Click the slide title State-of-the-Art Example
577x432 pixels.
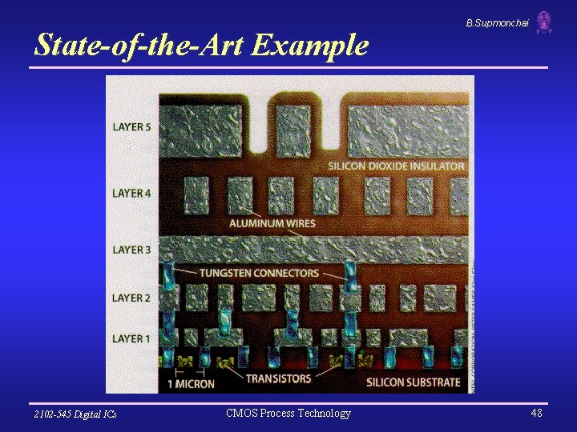[x=201, y=45]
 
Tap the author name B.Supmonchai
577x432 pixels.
[x=497, y=23]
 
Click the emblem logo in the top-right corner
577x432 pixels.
[x=544, y=22]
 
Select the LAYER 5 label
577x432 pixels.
[x=131, y=127]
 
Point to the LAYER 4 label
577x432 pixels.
[x=131, y=193]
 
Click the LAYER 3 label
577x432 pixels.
[x=131, y=250]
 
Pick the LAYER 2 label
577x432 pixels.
[x=131, y=298]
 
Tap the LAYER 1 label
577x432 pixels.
[x=131, y=338]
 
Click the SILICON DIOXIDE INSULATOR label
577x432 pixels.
[x=396, y=166]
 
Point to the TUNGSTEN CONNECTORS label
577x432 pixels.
[x=259, y=273]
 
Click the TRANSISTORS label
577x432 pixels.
[x=278, y=378]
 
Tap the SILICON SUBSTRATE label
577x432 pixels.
[x=413, y=382]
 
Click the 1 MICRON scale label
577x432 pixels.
[x=191, y=383]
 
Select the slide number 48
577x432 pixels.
[x=536, y=413]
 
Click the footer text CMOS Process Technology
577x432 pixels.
[x=288, y=413]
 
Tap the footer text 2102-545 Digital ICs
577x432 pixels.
[x=75, y=414]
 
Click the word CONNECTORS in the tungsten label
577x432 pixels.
[x=286, y=273]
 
